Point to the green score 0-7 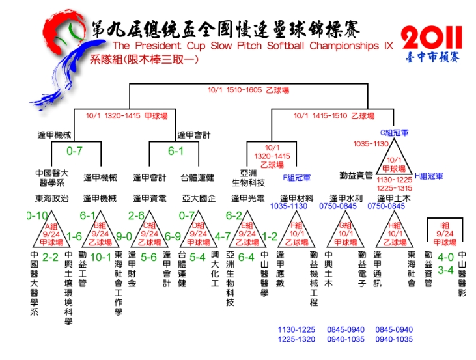(x=75, y=150)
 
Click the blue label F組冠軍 (x=296, y=176)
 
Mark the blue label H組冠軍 (x=429, y=176)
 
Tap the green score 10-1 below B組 (x=100, y=257)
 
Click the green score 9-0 (x=123, y=237)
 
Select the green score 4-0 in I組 (x=445, y=256)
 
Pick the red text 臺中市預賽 (x=432, y=58)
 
